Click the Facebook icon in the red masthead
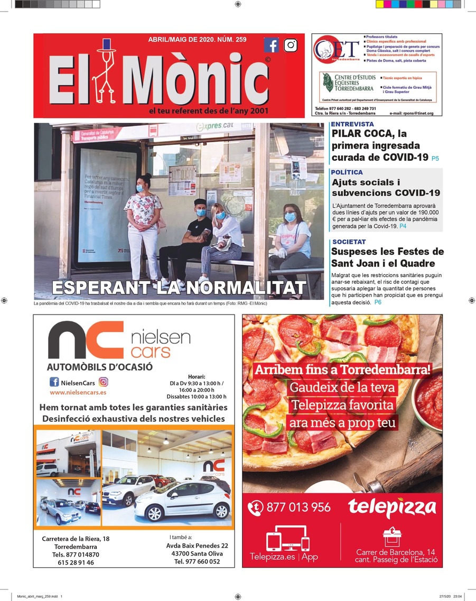coord(271,45)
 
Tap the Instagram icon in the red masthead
coord(291,45)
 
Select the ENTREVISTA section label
coord(352,124)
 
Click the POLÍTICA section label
coord(347,172)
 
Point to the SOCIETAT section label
coord(349,242)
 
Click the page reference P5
coord(435,158)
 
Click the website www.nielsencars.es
coord(78,393)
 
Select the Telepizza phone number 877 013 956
coord(298,507)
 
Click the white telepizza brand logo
coord(392,508)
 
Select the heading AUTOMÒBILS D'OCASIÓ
coord(100,367)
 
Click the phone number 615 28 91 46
coord(76,563)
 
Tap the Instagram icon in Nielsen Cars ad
coord(104,382)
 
